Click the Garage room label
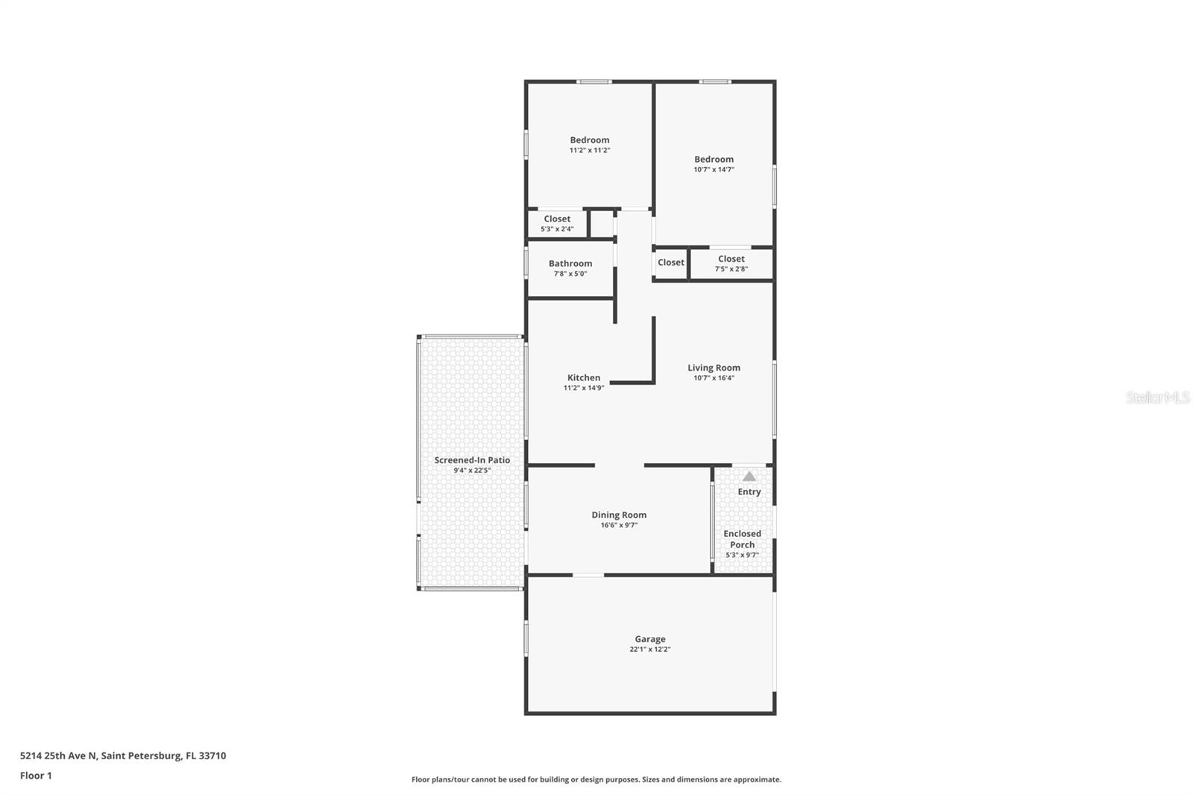point(649,639)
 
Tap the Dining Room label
point(619,515)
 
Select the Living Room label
point(714,368)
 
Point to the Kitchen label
point(583,377)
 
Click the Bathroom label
point(570,263)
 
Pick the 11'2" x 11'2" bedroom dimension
point(590,151)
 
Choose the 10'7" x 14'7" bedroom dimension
point(714,170)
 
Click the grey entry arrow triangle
point(749,477)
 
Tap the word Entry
point(749,492)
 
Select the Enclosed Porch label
point(742,539)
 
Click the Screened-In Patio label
point(472,460)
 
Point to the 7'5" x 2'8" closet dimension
point(731,269)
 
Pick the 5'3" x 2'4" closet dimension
point(557,229)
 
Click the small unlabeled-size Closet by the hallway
point(670,263)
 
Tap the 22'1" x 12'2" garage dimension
point(649,650)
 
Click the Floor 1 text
point(36,776)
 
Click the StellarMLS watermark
point(1157,398)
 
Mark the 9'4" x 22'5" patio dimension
point(472,471)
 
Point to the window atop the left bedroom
point(594,81)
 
